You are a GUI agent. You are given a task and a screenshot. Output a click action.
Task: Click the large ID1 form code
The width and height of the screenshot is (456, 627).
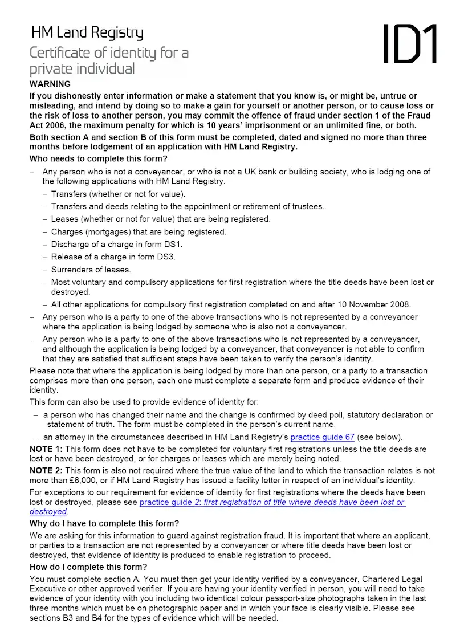click(x=409, y=44)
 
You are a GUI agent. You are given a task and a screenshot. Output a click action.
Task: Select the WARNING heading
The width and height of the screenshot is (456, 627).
click(x=50, y=84)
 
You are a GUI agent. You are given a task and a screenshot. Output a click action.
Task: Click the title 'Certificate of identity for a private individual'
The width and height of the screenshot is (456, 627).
click(x=109, y=61)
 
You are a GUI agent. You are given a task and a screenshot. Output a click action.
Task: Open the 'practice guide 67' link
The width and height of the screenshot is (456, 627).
click(x=322, y=437)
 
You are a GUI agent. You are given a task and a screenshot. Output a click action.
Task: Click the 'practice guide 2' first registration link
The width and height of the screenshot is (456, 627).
click(x=272, y=502)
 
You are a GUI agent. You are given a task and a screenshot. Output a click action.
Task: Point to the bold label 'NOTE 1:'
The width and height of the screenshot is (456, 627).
click(x=47, y=449)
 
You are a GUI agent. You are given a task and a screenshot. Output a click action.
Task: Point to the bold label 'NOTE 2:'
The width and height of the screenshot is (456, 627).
click(x=47, y=470)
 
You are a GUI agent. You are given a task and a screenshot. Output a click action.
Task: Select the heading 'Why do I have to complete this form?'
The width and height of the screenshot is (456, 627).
click(x=104, y=523)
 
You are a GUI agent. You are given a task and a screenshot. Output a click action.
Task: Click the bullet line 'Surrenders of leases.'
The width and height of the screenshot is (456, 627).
click(x=91, y=269)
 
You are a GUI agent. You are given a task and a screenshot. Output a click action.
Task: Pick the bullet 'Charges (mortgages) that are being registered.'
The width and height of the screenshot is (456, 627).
click(x=139, y=231)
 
